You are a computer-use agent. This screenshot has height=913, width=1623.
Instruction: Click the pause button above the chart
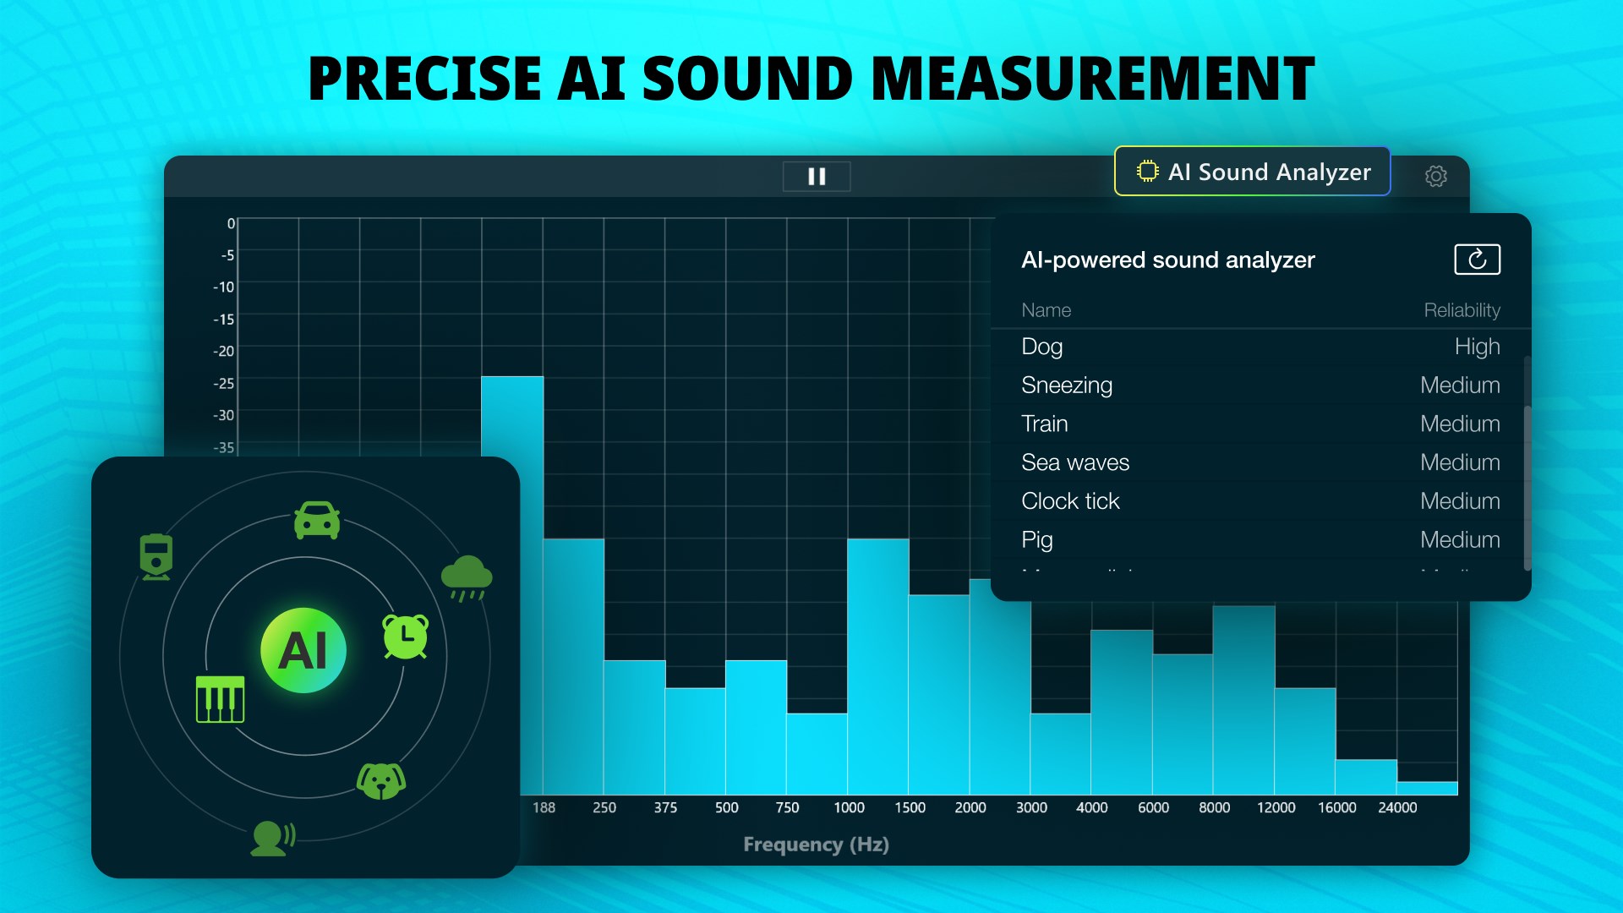817,176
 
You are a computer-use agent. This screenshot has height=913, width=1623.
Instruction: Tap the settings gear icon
1435,176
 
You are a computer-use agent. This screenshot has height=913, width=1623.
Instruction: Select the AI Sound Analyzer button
1252,172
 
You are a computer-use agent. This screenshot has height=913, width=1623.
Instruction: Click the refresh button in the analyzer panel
1477,260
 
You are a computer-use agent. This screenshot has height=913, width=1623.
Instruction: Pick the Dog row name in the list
1041,347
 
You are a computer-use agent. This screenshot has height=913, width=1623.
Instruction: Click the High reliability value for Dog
1477,347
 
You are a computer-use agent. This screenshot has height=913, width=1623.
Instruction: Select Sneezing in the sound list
1066,385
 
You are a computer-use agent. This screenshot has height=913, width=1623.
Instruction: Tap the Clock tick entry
1069,501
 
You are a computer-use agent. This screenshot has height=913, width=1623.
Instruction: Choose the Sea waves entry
1074,462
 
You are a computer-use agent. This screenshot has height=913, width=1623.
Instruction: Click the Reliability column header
1462,310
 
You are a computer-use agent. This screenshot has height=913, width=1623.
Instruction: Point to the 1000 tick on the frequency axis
849,807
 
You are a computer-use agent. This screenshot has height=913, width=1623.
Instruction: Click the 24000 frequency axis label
1397,807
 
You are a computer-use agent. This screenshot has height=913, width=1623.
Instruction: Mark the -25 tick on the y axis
224,383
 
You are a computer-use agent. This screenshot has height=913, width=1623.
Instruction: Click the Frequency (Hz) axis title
816,845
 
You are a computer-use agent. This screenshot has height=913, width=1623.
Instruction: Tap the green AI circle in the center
303,650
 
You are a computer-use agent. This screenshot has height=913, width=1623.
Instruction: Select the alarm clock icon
406,637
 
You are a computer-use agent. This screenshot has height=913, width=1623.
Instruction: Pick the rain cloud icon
467,577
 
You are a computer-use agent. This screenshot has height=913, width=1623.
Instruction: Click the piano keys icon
220,699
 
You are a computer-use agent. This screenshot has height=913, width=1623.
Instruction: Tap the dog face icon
381,780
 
